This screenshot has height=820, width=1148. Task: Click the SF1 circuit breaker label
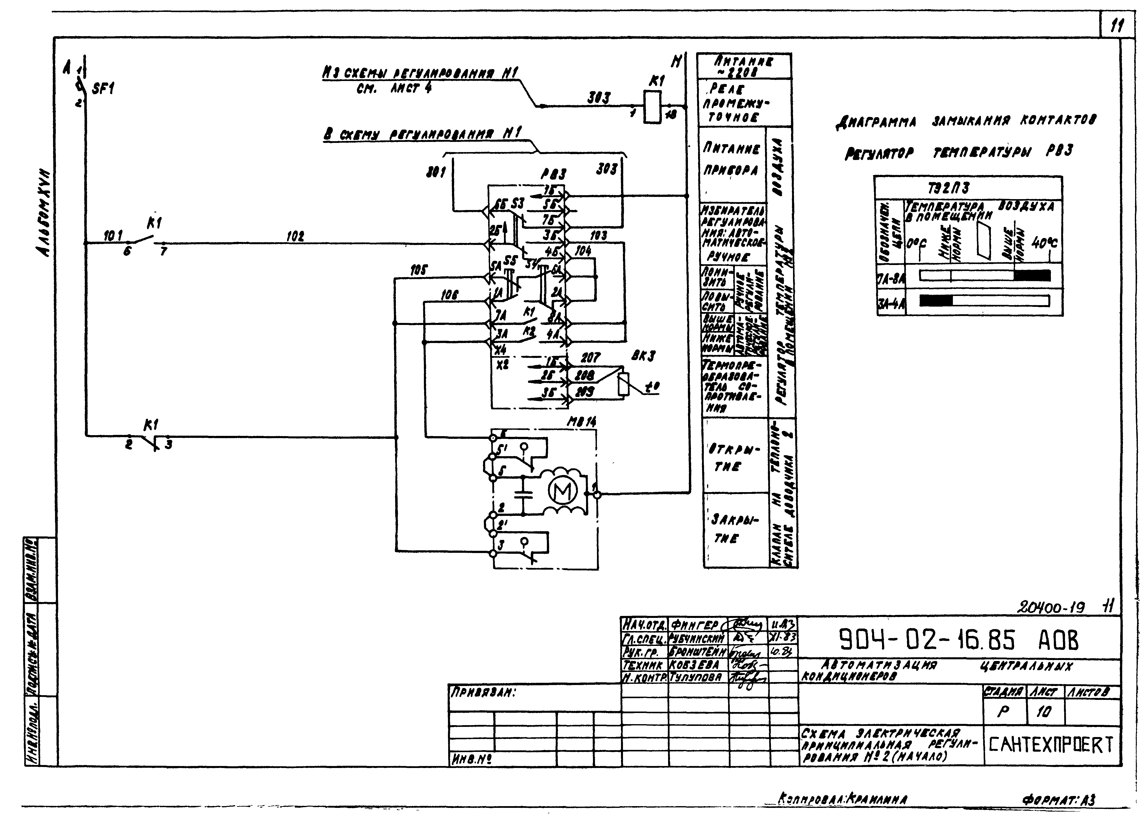coord(103,89)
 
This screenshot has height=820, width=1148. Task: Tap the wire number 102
coord(295,236)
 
